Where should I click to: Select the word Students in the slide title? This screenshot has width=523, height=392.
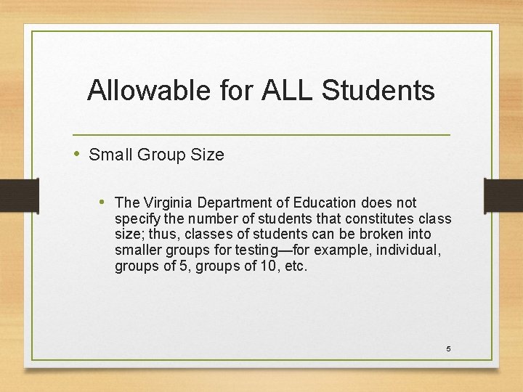click(378, 91)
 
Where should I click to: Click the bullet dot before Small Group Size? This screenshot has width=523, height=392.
click(78, 154)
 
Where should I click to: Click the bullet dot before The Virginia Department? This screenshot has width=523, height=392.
click(104, 202)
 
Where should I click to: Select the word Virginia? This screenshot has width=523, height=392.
click(169, 203)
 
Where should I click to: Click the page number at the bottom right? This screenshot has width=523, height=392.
click(448, 349)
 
